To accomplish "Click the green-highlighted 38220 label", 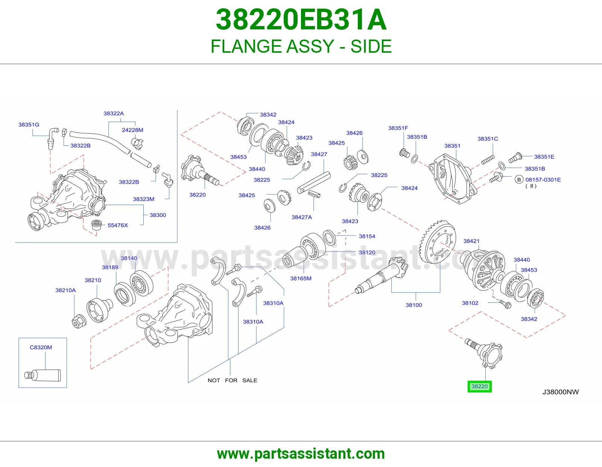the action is coord(479,386).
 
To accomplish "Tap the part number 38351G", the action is coord(29,125).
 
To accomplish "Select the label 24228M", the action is coord(132,130).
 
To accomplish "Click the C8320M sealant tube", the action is coord(43,375).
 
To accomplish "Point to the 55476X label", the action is coord(118,225).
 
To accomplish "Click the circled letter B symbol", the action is coord(519,179).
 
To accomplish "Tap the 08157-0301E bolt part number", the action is coord(543,180).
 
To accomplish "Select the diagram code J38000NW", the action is coord(561,392).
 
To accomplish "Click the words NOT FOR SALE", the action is coord(233,380).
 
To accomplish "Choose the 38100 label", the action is coord(413,305).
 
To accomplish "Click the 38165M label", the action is coord(301,278).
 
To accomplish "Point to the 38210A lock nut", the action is coord(79,322).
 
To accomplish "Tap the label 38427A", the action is coord(301,217).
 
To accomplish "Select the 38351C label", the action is coord(488,139).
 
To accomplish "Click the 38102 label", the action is coord(470,303).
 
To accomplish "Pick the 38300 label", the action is coord(158,215).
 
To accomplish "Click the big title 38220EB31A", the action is coord(301,20).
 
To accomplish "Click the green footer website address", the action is coord(301,454).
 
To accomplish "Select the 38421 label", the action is coord(471,241).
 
